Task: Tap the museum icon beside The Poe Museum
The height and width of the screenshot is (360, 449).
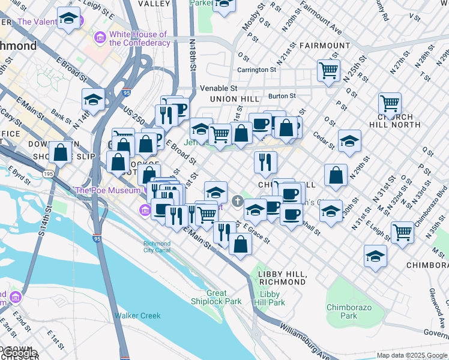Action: [x=145, y=210]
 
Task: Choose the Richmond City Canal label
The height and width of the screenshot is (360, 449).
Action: [x=157, y=247]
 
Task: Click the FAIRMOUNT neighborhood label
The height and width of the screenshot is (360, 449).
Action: [x=324, y=46]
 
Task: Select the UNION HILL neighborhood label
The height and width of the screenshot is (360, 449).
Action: [x=235, y=99]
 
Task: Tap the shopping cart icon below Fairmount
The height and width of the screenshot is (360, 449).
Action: [x=329, y=71]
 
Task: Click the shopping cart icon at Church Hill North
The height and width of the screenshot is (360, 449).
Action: [x=390, y=104]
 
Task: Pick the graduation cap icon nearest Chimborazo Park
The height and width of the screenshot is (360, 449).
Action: [x=375, y=256]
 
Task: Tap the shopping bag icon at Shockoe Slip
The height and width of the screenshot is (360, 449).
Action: [x=61, y=152]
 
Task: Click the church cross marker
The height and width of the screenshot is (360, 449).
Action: [x=238, y=200]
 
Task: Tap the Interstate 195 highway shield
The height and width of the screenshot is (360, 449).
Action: [x=48, y=173]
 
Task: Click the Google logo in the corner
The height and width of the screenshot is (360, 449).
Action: [x=19, y=353]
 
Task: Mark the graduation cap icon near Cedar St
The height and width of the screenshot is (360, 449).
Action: [x=349, y=142]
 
